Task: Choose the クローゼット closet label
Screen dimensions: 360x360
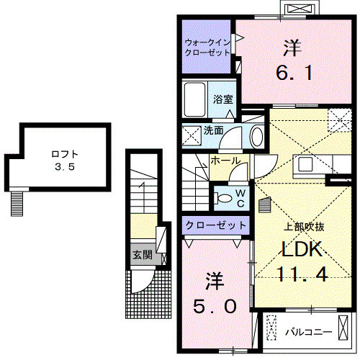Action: tap(215, 225)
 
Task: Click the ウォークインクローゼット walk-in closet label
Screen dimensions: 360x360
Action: tap(207, 48)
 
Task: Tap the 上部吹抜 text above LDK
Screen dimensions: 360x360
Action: tap(302, 226)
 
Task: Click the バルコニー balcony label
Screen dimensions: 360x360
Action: tap(309, 332)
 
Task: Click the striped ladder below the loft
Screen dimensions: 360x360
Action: tap(16, 202)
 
